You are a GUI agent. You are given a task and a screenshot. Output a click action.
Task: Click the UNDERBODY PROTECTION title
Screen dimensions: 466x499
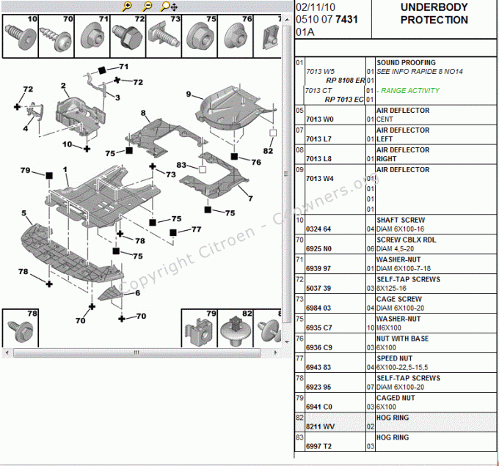click(x=434, y=14)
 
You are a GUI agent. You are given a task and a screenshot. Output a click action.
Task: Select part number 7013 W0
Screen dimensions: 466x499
click(x=318, y=119)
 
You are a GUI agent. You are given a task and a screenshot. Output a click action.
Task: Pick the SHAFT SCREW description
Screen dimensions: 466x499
click(x=400, y=220)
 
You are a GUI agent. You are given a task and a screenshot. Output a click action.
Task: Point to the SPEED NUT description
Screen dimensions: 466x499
click(x=394, y=358)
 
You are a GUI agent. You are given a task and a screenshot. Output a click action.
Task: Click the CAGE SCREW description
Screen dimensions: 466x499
click(x=398, y=299)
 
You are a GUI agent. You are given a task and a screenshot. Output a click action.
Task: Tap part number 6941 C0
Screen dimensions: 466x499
click(x=319, y=407)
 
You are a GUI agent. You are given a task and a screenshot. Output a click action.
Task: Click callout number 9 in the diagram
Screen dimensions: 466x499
click(x=189, y=94)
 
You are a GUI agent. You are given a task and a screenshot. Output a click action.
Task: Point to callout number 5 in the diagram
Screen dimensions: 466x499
click(x=24, y=213)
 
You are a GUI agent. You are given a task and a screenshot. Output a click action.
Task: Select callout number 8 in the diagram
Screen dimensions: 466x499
click(x=145, y=114)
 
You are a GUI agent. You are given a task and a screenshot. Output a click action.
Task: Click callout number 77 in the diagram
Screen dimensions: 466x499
click(x=196, y=229)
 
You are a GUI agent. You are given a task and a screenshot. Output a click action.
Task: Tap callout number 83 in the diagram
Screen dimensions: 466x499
click(x=181, y=166)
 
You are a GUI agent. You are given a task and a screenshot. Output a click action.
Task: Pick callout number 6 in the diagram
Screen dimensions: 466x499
click(x=137, y=293)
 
